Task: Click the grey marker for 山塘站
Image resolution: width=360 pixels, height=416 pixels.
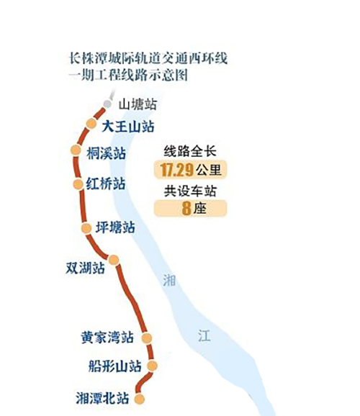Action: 107,104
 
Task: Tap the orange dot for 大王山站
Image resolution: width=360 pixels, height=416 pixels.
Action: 91,123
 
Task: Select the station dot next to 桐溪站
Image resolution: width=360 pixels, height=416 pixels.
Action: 76,150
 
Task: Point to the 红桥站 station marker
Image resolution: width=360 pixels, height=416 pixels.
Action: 78,184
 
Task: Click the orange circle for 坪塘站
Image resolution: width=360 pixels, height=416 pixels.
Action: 86,228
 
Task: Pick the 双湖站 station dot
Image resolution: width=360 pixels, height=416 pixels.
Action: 114,260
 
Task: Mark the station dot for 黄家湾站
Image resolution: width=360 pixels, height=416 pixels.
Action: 147,338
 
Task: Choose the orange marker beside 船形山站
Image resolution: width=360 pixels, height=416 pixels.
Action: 152,366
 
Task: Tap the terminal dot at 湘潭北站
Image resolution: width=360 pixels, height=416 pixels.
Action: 140,399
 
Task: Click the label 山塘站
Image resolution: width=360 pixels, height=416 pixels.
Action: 138,104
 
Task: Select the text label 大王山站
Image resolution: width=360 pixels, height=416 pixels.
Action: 128,126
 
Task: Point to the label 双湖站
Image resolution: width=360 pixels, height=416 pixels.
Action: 85,268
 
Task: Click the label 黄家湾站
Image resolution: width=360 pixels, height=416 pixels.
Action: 107,338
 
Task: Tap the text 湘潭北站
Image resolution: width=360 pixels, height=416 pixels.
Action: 102,399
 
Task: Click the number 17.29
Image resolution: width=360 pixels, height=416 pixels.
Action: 176,170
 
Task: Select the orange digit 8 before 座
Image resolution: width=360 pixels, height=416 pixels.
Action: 186,209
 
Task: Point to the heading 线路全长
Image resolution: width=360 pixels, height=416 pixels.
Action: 190,151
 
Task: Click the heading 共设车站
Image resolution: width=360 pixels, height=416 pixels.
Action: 190,191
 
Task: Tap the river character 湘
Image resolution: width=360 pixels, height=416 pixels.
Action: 169,281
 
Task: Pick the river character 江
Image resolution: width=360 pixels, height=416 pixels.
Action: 204,335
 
